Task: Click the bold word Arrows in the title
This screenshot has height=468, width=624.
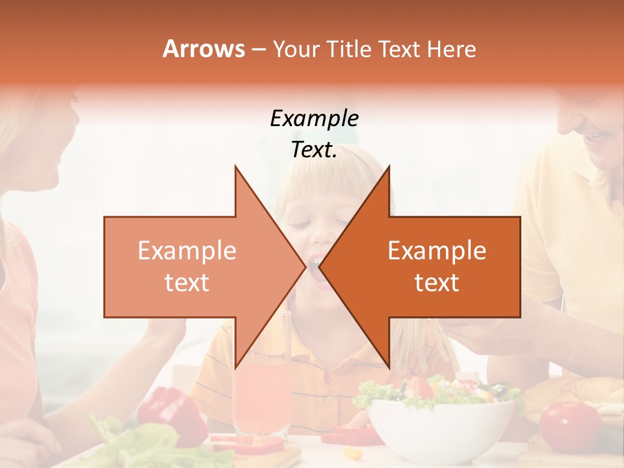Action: coord(203,49)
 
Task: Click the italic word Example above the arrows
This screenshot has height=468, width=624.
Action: coord(314,118)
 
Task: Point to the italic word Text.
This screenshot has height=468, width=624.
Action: coord(314,149)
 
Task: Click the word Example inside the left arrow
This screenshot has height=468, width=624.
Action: coord(187,251)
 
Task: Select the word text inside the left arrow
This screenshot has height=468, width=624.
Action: coord(187,283)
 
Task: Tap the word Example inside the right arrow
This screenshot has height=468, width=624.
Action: coord(437,251)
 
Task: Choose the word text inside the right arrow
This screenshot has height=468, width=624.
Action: coord(437,283)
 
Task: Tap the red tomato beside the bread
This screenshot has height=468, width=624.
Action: coord(570,426)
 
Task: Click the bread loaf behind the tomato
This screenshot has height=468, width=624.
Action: coord(572,394)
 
